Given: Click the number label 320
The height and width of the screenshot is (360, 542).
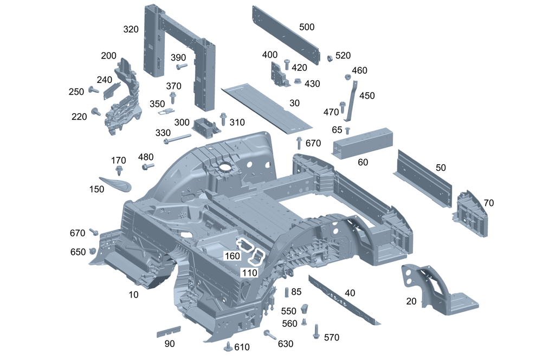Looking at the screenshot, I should click(x=131, y=29).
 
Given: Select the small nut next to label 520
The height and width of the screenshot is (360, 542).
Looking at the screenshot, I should click(x=329, y=57).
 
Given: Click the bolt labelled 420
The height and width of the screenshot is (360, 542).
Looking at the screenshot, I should click(x=287, y=65).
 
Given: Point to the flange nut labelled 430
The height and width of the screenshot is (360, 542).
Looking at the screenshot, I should click(x=298, y=82).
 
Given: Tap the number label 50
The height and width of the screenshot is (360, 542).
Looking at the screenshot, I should click(x=441, y=168).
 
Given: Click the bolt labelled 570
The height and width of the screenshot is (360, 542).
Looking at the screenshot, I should click(x=315, y=331).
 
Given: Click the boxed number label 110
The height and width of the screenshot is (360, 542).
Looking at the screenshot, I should click(x=249, y=273).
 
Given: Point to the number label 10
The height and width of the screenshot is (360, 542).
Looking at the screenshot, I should click(x=133, y=294).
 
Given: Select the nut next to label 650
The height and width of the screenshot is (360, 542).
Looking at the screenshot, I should click(x=92, y=251).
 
